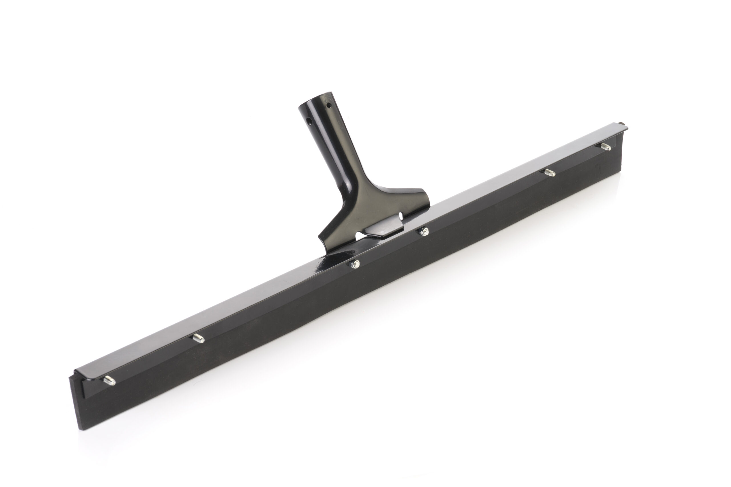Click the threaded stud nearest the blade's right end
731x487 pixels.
coord(606,147)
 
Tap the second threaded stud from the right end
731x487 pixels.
coord(550,173)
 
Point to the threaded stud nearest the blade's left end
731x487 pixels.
coord(109,381)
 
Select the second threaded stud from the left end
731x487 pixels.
coord(198,338)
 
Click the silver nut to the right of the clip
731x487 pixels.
coord(424,231)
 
